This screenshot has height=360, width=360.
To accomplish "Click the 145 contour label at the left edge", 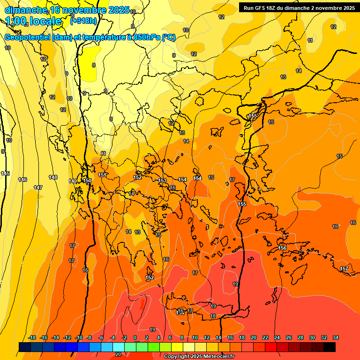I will point(5,174).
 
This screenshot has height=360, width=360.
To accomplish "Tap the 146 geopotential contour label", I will point(22,180).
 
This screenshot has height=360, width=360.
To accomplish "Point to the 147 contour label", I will point(38,187).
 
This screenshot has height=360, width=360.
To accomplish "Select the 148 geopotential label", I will point(53,177).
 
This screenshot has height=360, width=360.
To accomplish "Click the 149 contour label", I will point(73,181).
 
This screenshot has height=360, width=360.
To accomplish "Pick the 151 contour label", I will point(103,175).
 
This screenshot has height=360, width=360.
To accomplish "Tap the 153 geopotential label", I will point(162,180).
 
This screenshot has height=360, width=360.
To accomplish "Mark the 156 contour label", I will point(283,248).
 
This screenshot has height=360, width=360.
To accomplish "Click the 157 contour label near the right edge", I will point(344,269).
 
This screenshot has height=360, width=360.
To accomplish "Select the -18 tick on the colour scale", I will point(32,337).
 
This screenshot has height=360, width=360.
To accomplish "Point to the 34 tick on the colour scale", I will point(335,337).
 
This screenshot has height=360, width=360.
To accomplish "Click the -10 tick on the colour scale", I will point(79,337).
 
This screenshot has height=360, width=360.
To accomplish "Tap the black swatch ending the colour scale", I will point(330,347).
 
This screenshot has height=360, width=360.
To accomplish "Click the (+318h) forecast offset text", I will point(84,21).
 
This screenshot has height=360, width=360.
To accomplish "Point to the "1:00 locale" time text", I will point(34,21).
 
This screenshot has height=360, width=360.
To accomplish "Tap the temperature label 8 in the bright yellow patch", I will point(94,65).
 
